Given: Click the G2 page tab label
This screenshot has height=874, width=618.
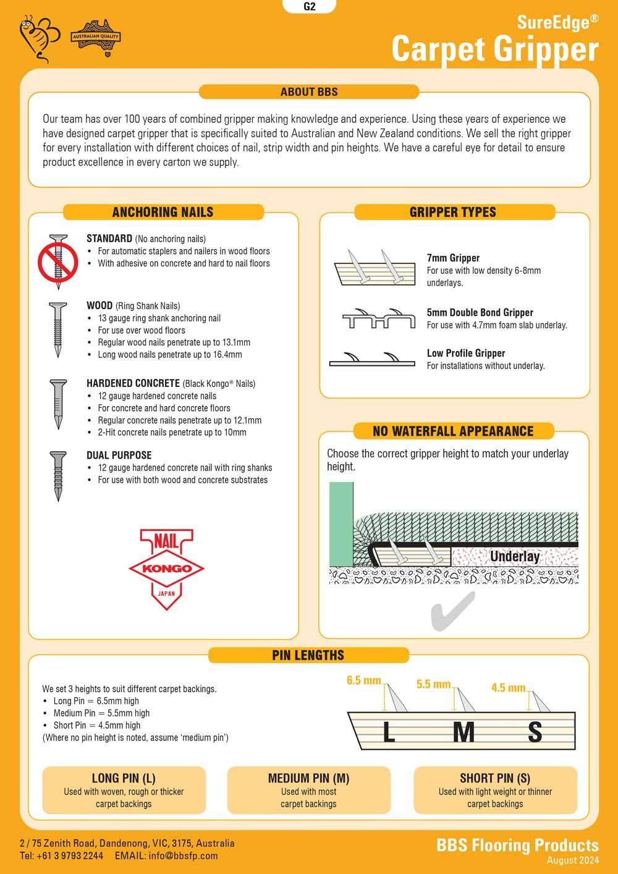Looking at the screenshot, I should pos(309,7).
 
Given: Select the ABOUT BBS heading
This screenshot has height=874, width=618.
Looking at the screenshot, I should pos(309,92).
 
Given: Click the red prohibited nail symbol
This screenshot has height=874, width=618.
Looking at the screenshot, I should pos(58,261).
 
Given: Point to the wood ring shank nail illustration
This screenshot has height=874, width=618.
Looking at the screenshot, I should pos(58,329).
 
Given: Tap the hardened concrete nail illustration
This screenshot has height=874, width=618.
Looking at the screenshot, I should pos(58,404).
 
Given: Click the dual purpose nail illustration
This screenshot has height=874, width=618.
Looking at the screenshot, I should pos(58,475).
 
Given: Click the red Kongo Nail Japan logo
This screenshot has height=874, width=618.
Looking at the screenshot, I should pos(166,569).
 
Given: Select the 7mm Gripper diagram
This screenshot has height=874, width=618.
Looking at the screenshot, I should pos(375,269).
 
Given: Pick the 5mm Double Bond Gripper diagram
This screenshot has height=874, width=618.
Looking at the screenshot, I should pos(378,318).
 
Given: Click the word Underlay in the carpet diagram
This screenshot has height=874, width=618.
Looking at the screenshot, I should pos(514,556).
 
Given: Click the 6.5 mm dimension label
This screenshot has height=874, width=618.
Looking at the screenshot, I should pos(363,681).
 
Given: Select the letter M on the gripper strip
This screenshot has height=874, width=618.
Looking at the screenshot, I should pos(463,732).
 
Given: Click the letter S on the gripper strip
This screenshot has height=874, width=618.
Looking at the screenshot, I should pos(535,732).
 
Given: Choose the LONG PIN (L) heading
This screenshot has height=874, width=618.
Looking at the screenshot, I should pos(124,778).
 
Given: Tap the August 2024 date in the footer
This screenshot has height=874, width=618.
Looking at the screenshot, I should pos(572,860).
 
